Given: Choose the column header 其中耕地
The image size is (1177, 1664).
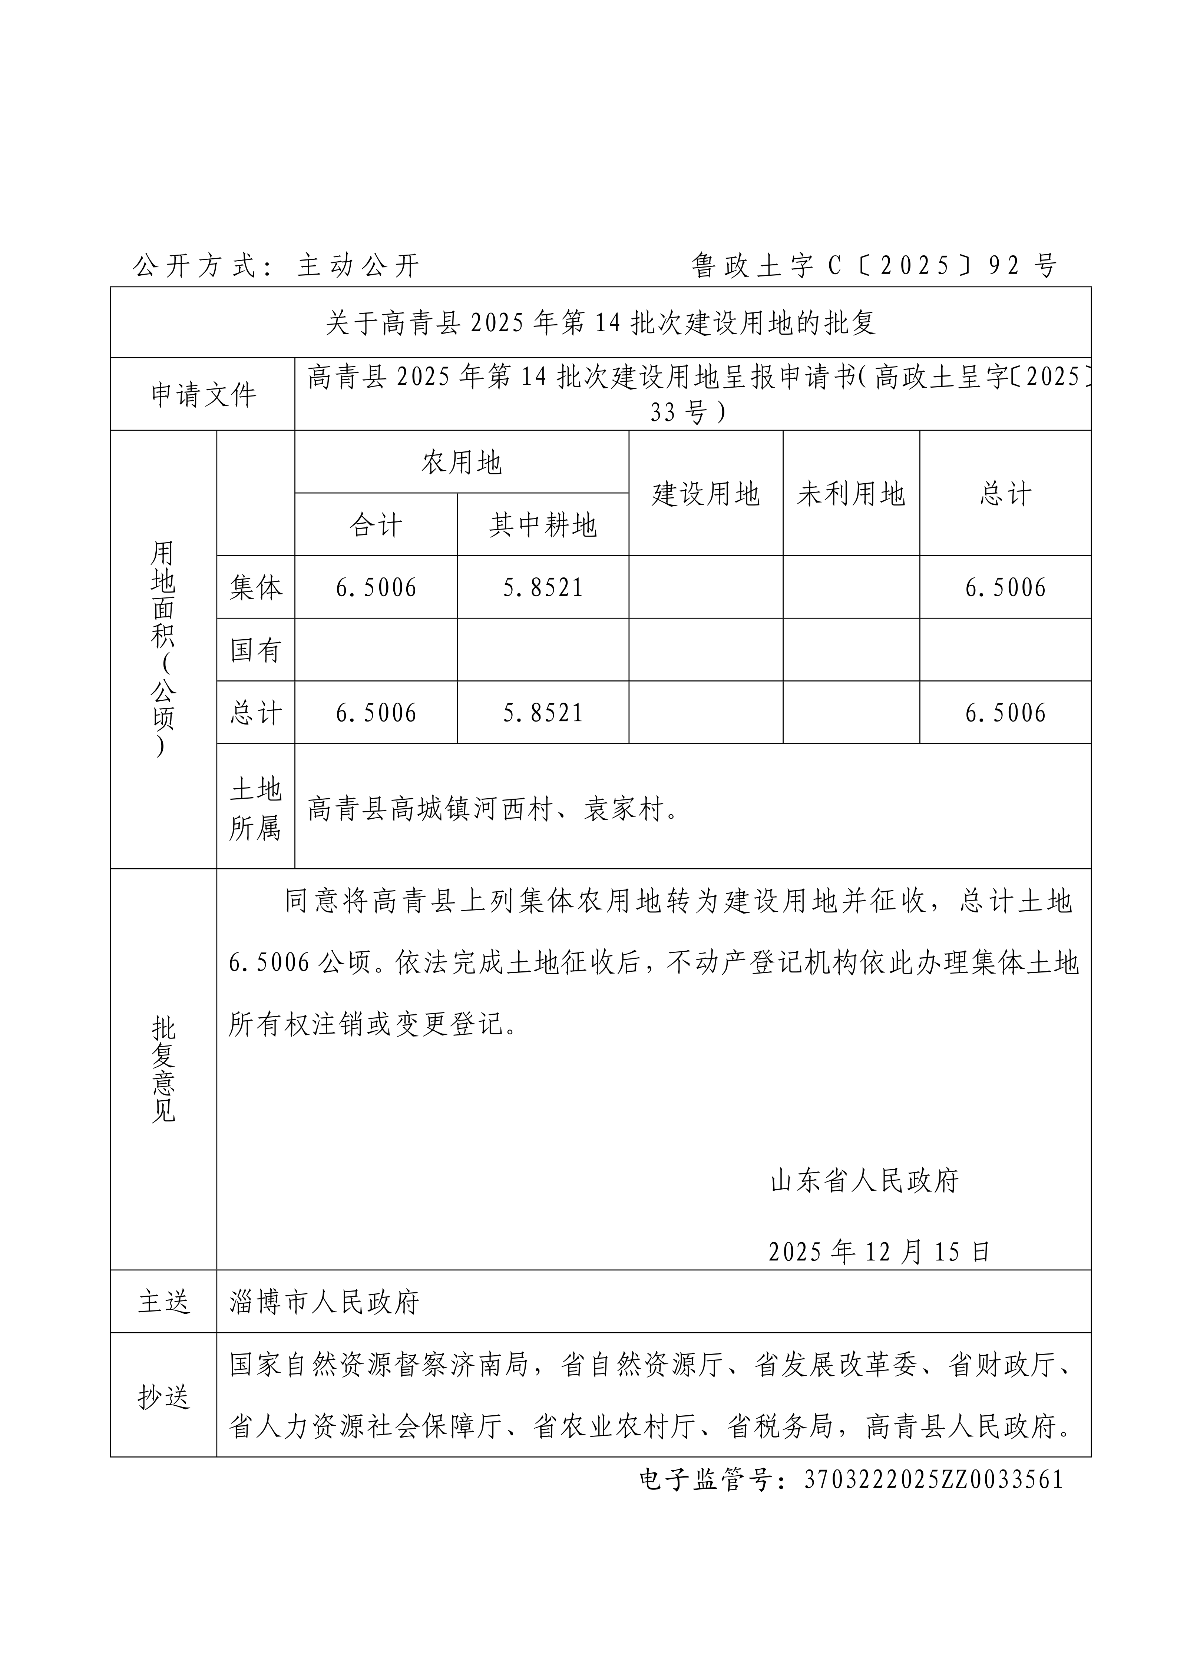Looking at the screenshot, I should [x=543, y=525].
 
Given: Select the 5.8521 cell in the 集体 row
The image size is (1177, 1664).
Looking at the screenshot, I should [x=543, y=587].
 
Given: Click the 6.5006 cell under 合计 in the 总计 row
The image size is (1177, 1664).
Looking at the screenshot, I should [x=376, y=712].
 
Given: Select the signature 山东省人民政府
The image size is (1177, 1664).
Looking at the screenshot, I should [x=864, y=1181].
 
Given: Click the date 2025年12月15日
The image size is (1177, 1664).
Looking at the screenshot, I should [x=879, y=1252].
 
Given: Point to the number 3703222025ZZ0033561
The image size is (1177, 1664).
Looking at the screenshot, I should [x=933, y=1479].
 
